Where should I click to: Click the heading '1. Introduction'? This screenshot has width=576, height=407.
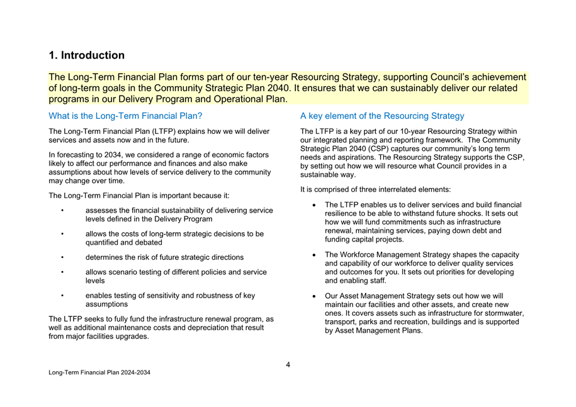pyautogui.click(x=87, y=55)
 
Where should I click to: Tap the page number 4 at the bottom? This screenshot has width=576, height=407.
pyautogui.click(x=288, y=364)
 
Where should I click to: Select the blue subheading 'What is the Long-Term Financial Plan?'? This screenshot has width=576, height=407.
pyautogui.click(x=125, y=116)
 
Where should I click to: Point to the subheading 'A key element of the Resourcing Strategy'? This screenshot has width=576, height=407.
pyautogui.click(x=382, y=116)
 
